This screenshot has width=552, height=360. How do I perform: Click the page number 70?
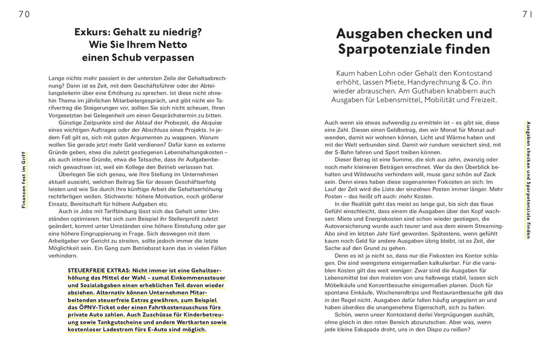click(24, 15)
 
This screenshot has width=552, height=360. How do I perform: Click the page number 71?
click(527, 15)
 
